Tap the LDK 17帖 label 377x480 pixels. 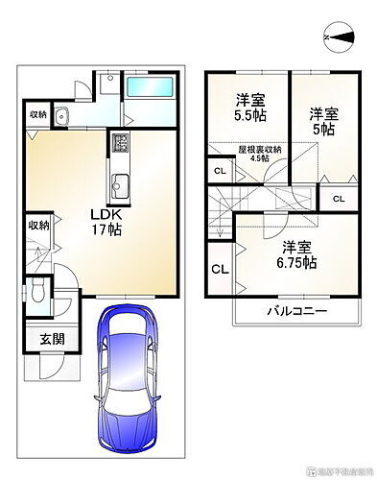(106, 221)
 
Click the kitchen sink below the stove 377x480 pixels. (121, 183)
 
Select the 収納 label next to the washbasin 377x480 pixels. (36, 115)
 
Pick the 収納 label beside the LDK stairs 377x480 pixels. (36, 226)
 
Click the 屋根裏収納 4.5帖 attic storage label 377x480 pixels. (260, 154)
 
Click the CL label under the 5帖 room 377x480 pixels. (339, 198)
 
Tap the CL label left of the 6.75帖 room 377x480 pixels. (219, 268)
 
